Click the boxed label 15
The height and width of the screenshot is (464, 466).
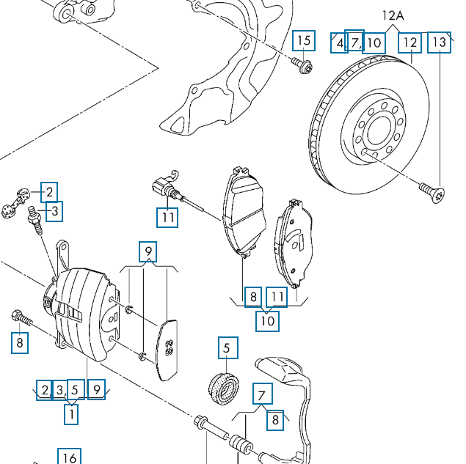point(303,41)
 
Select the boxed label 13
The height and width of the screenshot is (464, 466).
point(438,42)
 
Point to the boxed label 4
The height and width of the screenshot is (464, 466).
point(338,43)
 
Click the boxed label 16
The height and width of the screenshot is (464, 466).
point(68,457)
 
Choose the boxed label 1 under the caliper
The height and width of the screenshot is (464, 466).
point(71,414)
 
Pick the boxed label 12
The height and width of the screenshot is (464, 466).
point(409,42)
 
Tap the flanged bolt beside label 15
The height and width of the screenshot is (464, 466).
point(304,66)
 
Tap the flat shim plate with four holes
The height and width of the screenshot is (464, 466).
point(168,349)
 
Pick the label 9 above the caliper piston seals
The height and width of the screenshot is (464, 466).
point(149,252)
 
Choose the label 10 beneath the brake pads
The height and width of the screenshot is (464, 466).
point(268,320)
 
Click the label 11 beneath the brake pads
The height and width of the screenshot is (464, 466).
point(277,297)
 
